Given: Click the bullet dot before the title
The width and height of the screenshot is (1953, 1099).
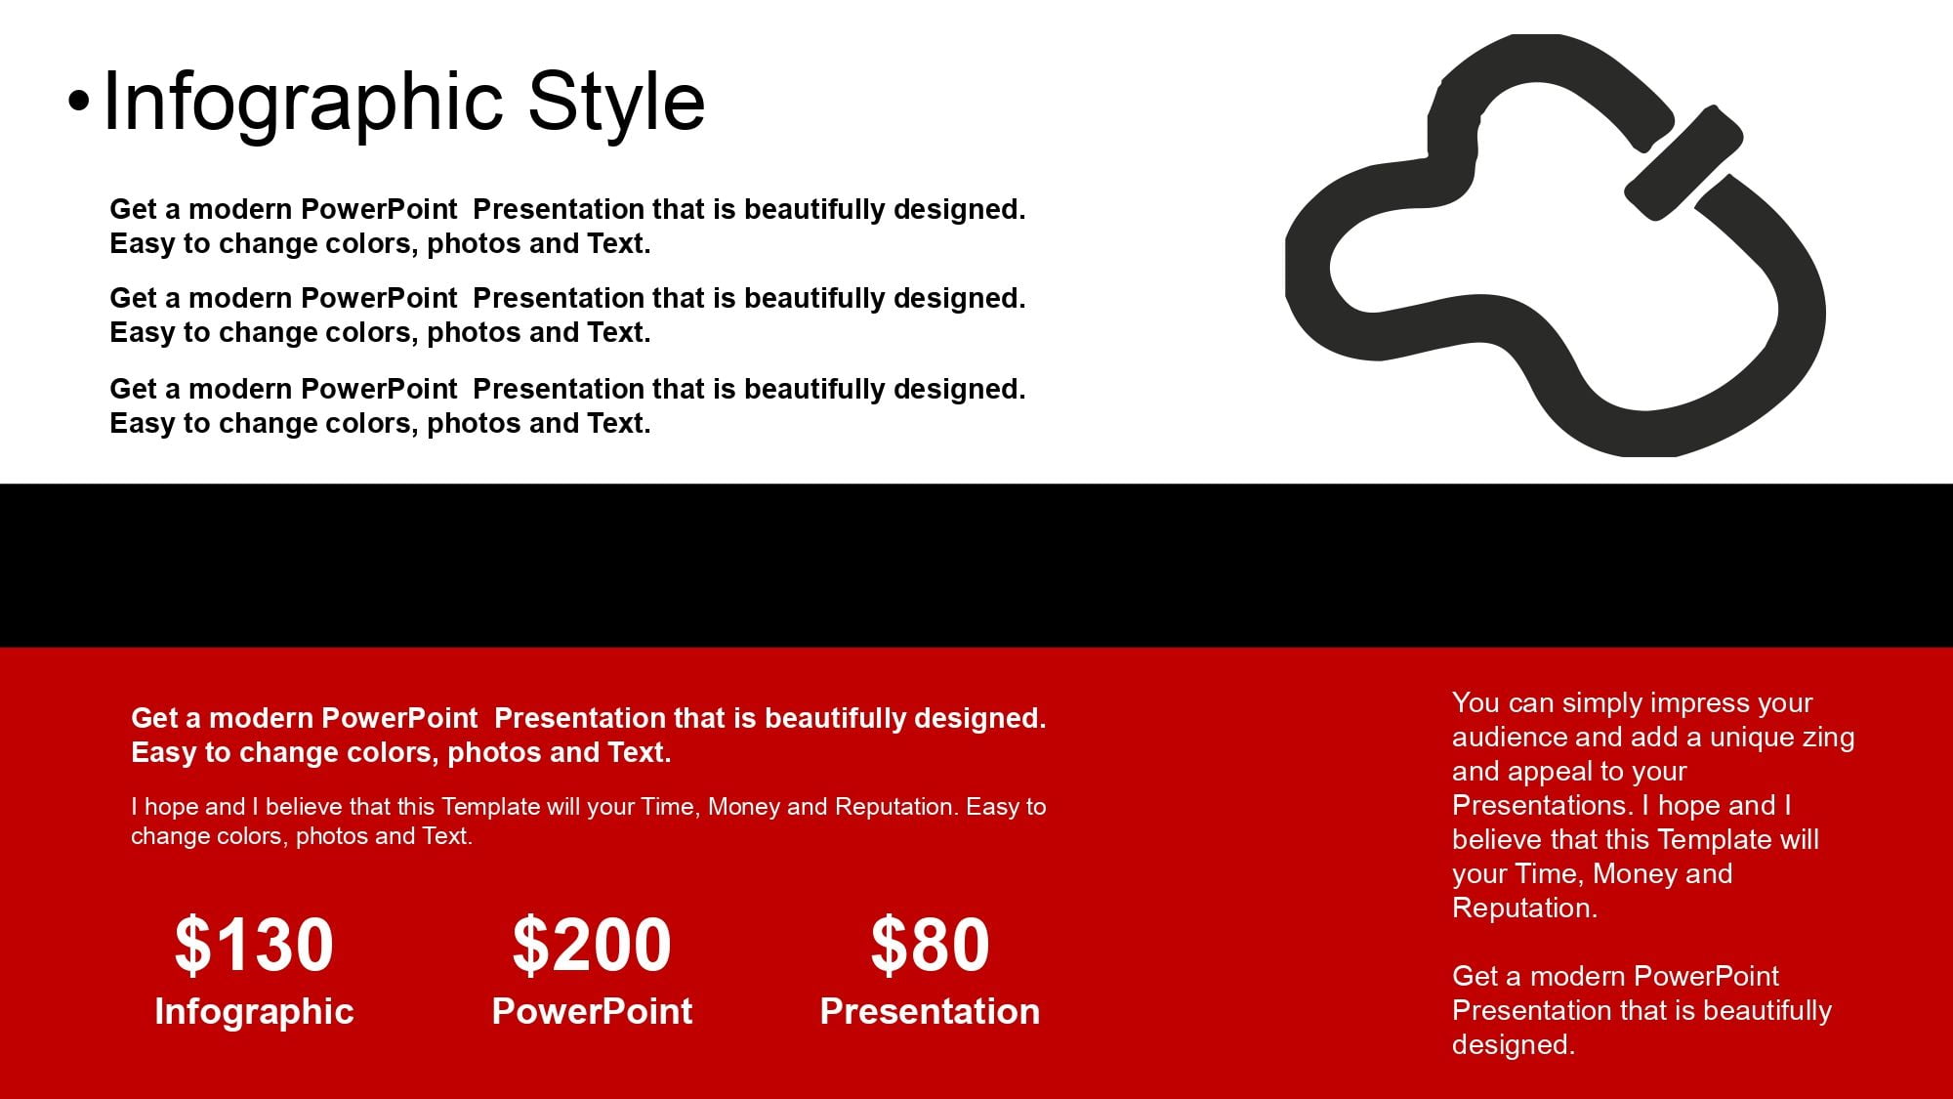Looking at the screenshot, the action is tap(78, 101).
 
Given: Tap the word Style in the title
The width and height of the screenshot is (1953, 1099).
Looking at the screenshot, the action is tap(616, 102).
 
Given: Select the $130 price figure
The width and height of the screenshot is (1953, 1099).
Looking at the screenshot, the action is tap(254, 945).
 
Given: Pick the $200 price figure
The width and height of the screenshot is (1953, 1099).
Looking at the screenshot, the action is tap(592, 945).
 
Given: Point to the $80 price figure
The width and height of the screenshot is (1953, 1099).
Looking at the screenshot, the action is tap(930, 945).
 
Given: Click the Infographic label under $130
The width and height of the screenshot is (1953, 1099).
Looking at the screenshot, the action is tap(254, 1012).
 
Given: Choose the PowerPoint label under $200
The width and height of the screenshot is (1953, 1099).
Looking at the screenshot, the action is tap(592, 1011).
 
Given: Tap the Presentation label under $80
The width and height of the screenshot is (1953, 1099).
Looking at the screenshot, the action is tap(930, 1011).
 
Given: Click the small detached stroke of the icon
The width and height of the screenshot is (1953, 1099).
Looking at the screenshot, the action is tap(1683, 162).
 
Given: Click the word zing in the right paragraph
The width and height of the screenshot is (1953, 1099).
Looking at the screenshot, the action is tap(1828, 739).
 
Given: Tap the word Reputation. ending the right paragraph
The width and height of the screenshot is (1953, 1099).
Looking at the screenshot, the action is tap(1524, 909).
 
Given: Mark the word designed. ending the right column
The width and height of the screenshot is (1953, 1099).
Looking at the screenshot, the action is tap(1514, 1045).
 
